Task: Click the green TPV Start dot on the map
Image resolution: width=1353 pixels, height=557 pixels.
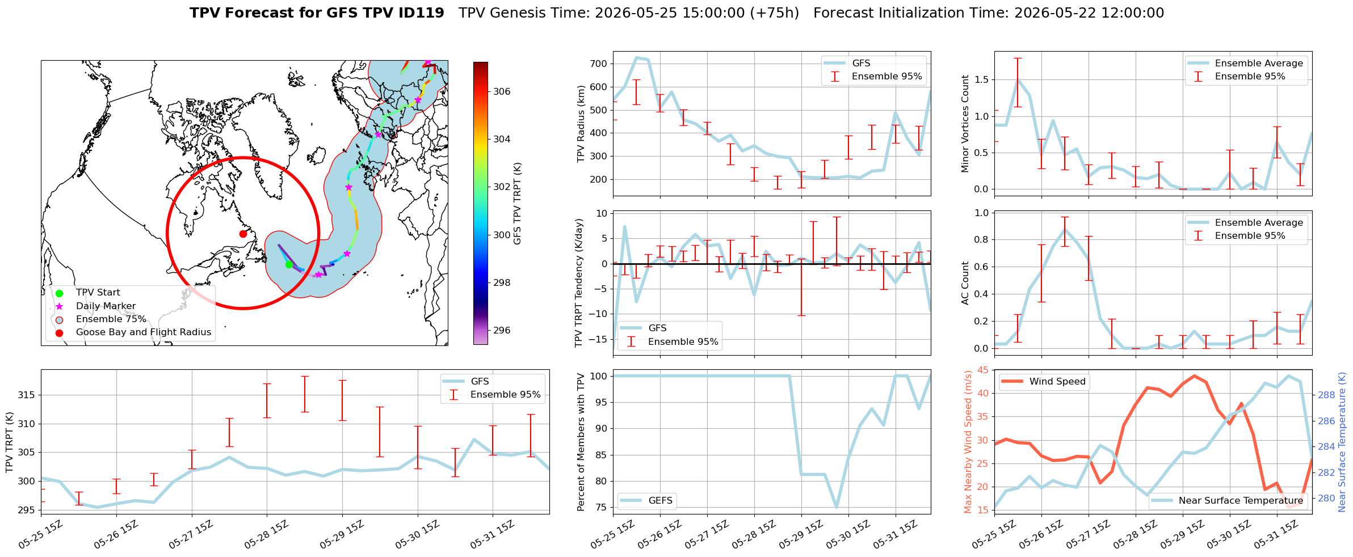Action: click(x=289, y=264)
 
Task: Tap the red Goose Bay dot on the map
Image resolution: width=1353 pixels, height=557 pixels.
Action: click(x=243, y=234)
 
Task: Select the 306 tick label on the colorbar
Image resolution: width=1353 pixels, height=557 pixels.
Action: click(x=502, y=91)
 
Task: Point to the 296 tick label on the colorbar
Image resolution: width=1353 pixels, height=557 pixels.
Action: click(x=502, y=330)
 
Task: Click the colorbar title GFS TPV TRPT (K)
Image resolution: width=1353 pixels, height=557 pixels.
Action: click(x=517, y=204)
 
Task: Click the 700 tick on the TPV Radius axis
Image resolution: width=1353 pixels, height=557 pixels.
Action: click(x=598, y=64)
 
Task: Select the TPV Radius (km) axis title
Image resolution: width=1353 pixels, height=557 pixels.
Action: click(x=581, y=124)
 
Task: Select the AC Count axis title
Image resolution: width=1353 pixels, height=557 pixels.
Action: click(x=965, y=283)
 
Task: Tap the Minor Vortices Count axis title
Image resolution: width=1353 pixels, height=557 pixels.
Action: click(x=965, y=124)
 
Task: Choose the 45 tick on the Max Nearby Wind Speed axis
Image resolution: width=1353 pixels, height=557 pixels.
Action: click(x=983, y=370)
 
